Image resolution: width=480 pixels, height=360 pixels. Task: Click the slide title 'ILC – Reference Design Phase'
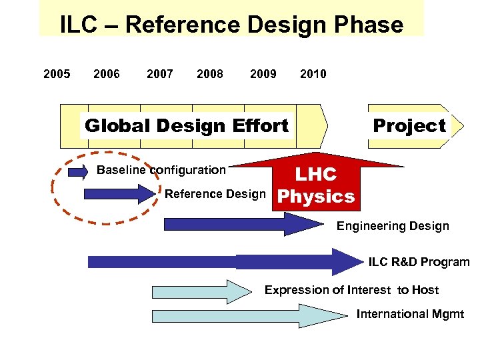coord(231,25)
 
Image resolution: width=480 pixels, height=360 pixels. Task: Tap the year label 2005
coord(57,74)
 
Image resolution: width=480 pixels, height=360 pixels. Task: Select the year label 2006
coord(107,74)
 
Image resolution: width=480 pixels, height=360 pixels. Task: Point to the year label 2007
coord(160,74)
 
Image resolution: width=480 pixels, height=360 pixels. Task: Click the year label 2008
coord(210,74)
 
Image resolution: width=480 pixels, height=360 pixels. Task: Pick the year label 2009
coord(263,74)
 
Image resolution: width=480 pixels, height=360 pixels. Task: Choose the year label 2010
coord(313,74)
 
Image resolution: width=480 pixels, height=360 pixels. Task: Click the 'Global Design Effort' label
coord(187,125)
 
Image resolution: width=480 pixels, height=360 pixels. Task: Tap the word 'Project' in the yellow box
coord(409,125)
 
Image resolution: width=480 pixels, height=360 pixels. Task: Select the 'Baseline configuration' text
coord(161,170)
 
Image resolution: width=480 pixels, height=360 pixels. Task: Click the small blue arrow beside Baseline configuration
coord(78,172)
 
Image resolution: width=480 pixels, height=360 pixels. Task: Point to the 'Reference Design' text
coord(215,195)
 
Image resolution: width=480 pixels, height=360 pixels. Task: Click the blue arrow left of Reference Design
coord(119,194)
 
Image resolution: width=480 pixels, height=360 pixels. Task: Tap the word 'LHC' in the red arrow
coord(316,175)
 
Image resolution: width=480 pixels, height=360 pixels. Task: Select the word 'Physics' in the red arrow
coord(316,197)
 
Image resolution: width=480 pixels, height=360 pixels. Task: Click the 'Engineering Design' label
coord(393,226)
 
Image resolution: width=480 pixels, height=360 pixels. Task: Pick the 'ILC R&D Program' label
coord(419,262)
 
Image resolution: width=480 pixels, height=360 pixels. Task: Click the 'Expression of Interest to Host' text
coord(351,290)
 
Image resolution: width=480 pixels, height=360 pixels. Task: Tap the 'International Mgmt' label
coord(410,314)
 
